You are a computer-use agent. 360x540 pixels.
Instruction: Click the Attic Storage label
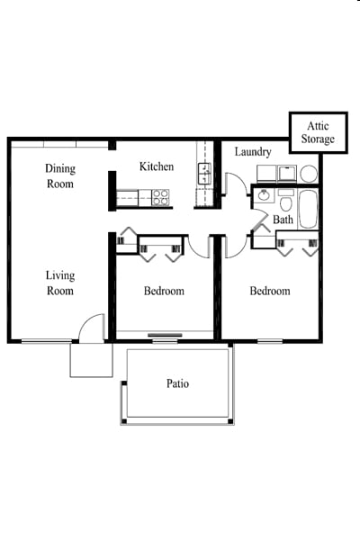(318, 133)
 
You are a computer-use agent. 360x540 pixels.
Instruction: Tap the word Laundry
(253, 152)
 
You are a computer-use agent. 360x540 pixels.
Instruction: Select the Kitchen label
(157, 166)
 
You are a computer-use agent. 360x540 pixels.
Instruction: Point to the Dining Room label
(60, 176)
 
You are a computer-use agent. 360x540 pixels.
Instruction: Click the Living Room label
(60, 283)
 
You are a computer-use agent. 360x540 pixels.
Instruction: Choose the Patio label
(177, 383)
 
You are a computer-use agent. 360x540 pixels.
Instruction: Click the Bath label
(283, 220)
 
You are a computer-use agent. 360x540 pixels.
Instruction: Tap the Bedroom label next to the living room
(164, 291)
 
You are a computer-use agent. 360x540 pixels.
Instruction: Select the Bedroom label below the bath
(270, 291)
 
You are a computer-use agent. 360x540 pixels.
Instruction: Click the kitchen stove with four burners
(160, 197)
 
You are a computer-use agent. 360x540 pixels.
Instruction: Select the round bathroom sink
(264, 194)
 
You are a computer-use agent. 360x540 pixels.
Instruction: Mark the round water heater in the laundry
(309, 173)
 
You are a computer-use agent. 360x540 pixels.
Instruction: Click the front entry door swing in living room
(92, 328)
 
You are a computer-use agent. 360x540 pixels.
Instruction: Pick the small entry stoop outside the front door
(91, 359)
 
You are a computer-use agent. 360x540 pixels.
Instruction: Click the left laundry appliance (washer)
(265, 173)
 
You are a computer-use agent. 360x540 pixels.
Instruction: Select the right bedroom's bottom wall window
(270, 340)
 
